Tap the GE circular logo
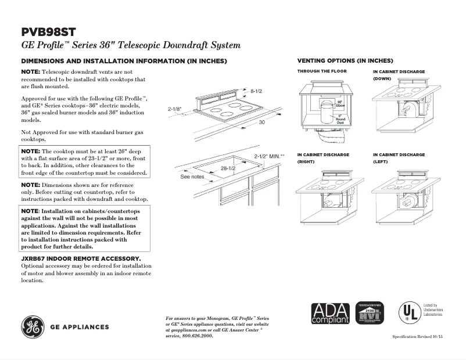pos(34,327)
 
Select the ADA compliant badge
pos(330,314)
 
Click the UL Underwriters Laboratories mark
pos(408,312)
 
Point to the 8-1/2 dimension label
pos(257,91)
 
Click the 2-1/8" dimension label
pos(175,109)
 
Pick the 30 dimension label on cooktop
pos(262,123)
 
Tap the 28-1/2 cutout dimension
pos(228,168)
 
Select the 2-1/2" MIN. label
pos(269,156)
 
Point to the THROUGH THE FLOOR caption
pos(322,71)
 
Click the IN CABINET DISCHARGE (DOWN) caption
pos(399,74)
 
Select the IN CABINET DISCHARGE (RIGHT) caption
pos(323,158)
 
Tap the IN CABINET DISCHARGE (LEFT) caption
pos(399,158)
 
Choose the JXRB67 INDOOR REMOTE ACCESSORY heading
pos(81,258)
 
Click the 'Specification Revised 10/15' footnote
pos(417,337)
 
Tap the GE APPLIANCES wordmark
pos(80,327)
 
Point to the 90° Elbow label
pos(340,103)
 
